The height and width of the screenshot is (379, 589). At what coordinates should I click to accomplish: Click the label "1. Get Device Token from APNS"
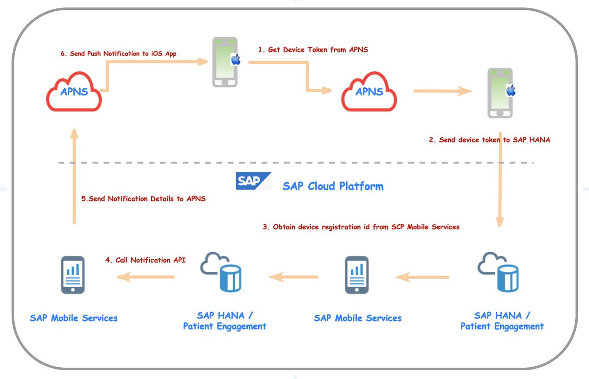(x=313, y=50)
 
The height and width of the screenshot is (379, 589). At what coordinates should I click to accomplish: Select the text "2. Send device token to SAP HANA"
(x=489, y=140)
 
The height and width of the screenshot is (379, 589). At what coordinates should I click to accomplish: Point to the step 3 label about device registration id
(x=361, y=227)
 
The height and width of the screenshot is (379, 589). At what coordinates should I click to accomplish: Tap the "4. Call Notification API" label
(x=146, y=260)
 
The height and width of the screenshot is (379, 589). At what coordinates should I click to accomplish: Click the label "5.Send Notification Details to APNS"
(x=143, y=199)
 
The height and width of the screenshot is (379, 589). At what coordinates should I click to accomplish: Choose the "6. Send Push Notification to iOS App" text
(x=118, y=54)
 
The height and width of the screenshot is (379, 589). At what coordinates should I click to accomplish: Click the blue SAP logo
(x=253, y=181)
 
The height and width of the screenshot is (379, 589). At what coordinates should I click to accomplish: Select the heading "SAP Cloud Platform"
(x=333, y=186)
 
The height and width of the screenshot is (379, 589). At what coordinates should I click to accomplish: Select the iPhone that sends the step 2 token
(x=500, y=93)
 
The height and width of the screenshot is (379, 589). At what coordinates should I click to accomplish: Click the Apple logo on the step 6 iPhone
(x=236, y=60)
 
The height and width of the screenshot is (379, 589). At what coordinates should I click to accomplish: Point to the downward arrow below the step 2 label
(x=500, y=180)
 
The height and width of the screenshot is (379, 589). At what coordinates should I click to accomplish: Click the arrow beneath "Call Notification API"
(x=146, y=277)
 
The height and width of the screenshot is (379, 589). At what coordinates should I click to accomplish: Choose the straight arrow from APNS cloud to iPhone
(x=442, y=91)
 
